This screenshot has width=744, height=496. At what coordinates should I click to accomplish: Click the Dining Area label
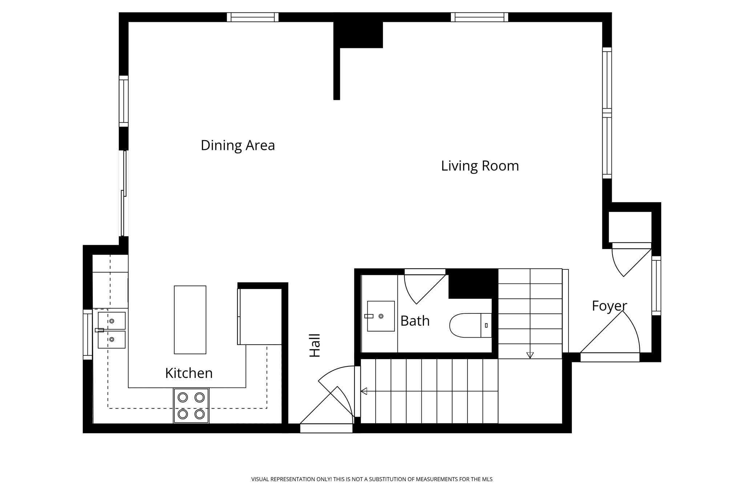(238, 145)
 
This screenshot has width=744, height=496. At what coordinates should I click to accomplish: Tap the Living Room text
(480, 166)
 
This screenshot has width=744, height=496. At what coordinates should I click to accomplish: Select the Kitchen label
(189, 373)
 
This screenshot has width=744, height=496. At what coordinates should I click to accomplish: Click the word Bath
(415, 321)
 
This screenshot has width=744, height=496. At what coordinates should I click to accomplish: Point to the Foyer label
(609, 306)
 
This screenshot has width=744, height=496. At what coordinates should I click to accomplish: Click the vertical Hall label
(315, 345)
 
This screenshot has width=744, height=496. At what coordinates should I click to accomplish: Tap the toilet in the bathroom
(469, 325)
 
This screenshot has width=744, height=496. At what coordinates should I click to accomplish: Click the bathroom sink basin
(381, 316)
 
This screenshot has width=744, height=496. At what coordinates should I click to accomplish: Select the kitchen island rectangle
(190, 320)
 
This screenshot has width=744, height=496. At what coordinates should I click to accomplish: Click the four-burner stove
(191, 406)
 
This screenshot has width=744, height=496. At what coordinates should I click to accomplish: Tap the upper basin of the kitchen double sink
(112, 321)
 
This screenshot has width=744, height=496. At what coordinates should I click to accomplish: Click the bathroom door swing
(421, 289)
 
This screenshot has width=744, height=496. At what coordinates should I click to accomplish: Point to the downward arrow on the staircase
(530, 355)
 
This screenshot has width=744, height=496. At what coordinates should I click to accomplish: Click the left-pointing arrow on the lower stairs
(364, 391)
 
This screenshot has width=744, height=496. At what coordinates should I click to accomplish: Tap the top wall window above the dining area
(252, 17)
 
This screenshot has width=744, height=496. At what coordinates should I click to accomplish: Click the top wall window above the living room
(479, 17)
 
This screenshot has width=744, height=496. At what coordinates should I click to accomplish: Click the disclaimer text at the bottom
(372, 479)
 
